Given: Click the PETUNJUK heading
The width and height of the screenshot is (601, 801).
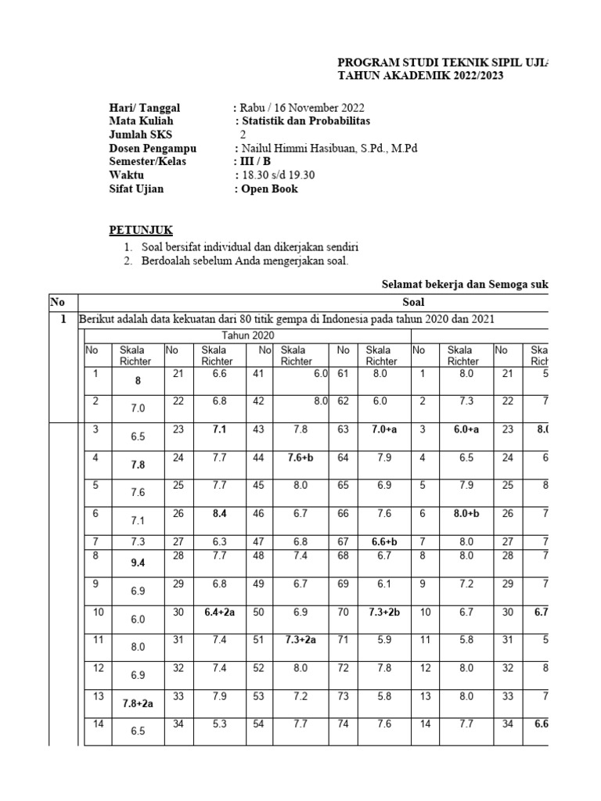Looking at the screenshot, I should (x=139, y=230).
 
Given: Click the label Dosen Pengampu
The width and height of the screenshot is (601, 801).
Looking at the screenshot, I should (x=152, y=149).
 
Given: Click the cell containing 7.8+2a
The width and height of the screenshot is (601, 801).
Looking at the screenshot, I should (x=138, y=703).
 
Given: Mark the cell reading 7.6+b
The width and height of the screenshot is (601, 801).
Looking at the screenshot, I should (x=298, y=458).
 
